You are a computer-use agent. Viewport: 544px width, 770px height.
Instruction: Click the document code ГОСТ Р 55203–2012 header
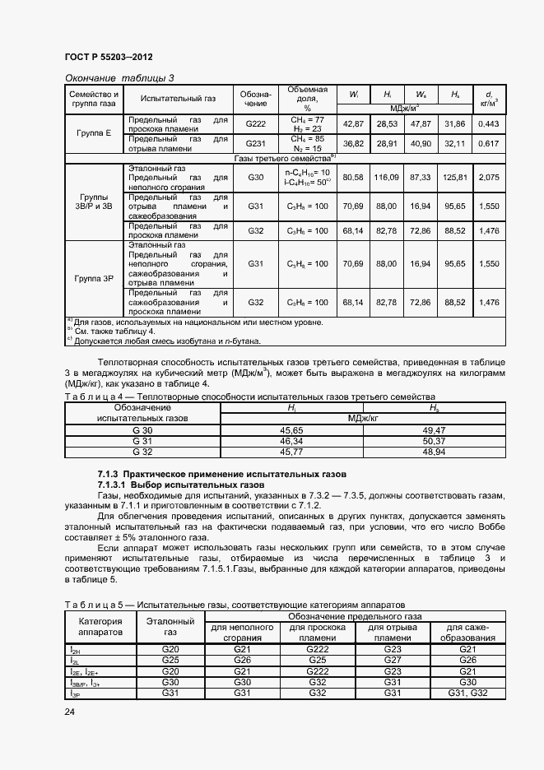tap(109, 57)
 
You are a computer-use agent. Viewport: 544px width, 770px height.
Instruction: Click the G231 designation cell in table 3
tap(256, 143)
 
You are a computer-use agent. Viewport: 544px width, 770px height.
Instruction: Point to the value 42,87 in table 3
tap(352, 123)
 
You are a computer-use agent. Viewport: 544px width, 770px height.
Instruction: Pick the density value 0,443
tap(488, 123)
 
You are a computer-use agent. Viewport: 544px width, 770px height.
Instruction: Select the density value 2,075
tap(488, 177)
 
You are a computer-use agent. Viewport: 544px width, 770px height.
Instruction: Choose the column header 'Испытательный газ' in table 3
tap(179, 99)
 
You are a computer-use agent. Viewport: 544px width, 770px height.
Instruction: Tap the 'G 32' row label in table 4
tap(142, 452)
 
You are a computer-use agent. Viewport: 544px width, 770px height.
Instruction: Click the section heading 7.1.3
tap(222, 475)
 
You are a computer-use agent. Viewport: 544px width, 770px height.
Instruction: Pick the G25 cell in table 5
tap(170, 661)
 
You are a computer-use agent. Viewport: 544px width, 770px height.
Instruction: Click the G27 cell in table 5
tap(392, 661)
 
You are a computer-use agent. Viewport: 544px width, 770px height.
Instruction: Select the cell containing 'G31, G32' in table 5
tap(467, 693)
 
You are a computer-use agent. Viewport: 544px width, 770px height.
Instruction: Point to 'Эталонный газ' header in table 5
tap(170, 627)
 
